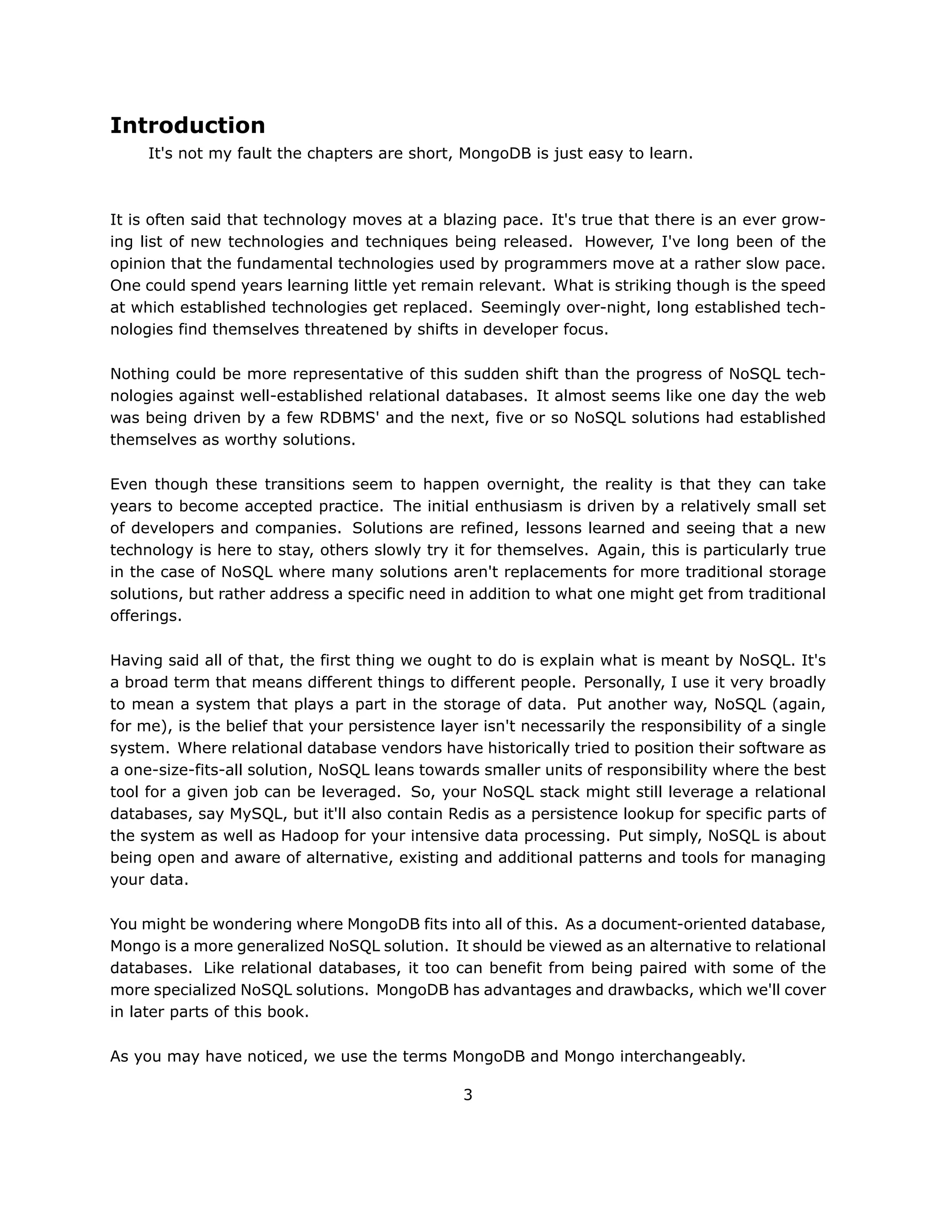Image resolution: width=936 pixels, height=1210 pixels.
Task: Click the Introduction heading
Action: [x=187, y=126]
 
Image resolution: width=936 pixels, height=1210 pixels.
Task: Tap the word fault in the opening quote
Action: [x=255, y=153]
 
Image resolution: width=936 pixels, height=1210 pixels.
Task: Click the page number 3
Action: [x=468, y=1095]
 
